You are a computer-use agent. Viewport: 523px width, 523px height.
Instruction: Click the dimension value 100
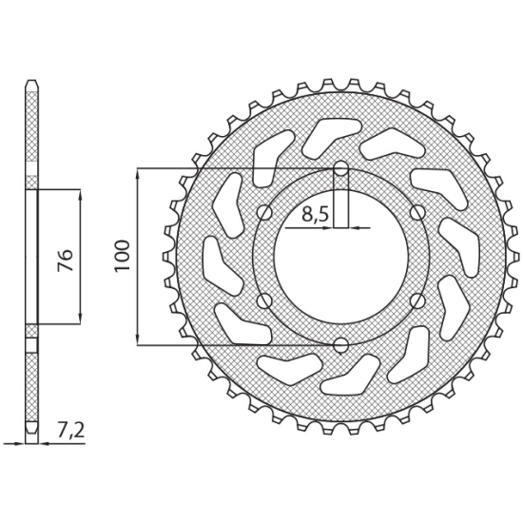click(x=123, y=256)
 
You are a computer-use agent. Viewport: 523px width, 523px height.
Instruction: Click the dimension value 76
click(x=66, y=260)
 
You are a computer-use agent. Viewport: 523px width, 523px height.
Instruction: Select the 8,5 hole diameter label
click(x=315, y=215)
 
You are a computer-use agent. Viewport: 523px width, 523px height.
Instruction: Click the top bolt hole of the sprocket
click(x=340, y=168)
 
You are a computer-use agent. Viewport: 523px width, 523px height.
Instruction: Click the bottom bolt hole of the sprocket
click(x=340, y=345)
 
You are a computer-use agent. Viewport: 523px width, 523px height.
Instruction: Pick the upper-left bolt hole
click(x=265, y=212)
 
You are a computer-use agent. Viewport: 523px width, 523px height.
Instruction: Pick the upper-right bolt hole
click(x=417, y=212)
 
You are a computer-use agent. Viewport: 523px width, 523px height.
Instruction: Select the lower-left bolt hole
click(x=265, y=300)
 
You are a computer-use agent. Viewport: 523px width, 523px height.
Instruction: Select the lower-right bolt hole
click(x=417, y=300)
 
